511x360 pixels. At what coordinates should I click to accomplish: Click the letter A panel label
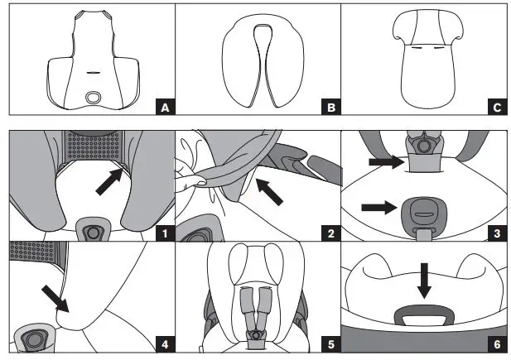coord(166,107)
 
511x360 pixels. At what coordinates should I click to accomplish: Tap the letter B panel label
coord(331,107)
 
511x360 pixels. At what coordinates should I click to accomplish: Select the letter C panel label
coord(497,107)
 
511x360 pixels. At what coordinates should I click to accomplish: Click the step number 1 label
coord(166,233)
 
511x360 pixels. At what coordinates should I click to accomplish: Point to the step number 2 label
coord(331,233)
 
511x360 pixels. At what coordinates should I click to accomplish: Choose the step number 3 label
coord(497,233)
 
